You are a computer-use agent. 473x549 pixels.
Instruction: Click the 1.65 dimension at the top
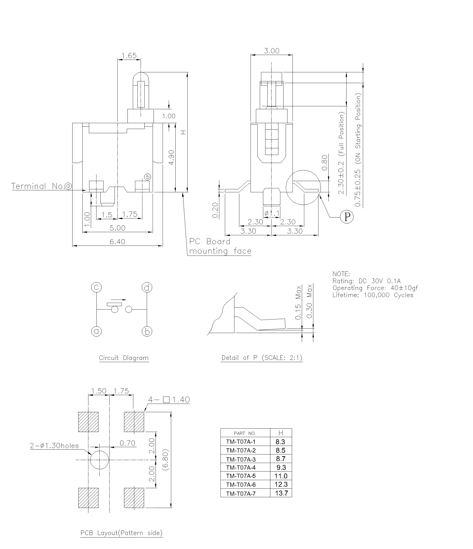pyautogui.click(x=129, y=56)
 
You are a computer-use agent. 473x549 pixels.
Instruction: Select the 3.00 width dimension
pyautogui.click(x=272, y=51)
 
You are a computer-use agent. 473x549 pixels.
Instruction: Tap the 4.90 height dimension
pyautogui.click(x=171, y=157)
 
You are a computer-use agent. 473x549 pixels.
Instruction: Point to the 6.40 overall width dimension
pyautogui.click(x=117, y=242)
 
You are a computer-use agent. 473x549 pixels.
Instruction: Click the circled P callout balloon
pyautogui.click(x=347, y=217)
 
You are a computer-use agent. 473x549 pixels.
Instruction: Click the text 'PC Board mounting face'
pyautogui.click(x=220, y=246)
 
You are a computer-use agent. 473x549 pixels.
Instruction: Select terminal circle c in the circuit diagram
pyautogui.click(x=96, y=287)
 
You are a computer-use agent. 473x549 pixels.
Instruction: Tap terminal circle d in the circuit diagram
pyautogui.click(x=147, y=287)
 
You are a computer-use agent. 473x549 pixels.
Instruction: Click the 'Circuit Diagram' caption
pyautogui.click(x=124, y=358)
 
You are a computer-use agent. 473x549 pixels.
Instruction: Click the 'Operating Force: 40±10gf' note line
pyautogui.click(x=375, y=288)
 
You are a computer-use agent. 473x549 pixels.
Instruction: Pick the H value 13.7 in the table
pyautogui.click(x=281, y=493)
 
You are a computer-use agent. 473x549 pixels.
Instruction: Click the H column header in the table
pyautogui.click(x=281, y=433)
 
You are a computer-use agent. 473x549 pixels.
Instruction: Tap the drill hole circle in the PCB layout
pyautogui.click(x=99, y=460)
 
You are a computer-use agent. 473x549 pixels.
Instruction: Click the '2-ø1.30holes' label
pyautogui.click(x=54, y=446)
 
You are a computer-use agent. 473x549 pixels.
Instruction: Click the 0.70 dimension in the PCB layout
pyautogui.click(x=127, y=443)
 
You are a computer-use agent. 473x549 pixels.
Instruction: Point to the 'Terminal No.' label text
pyautogui.click(x=37, y=186)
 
